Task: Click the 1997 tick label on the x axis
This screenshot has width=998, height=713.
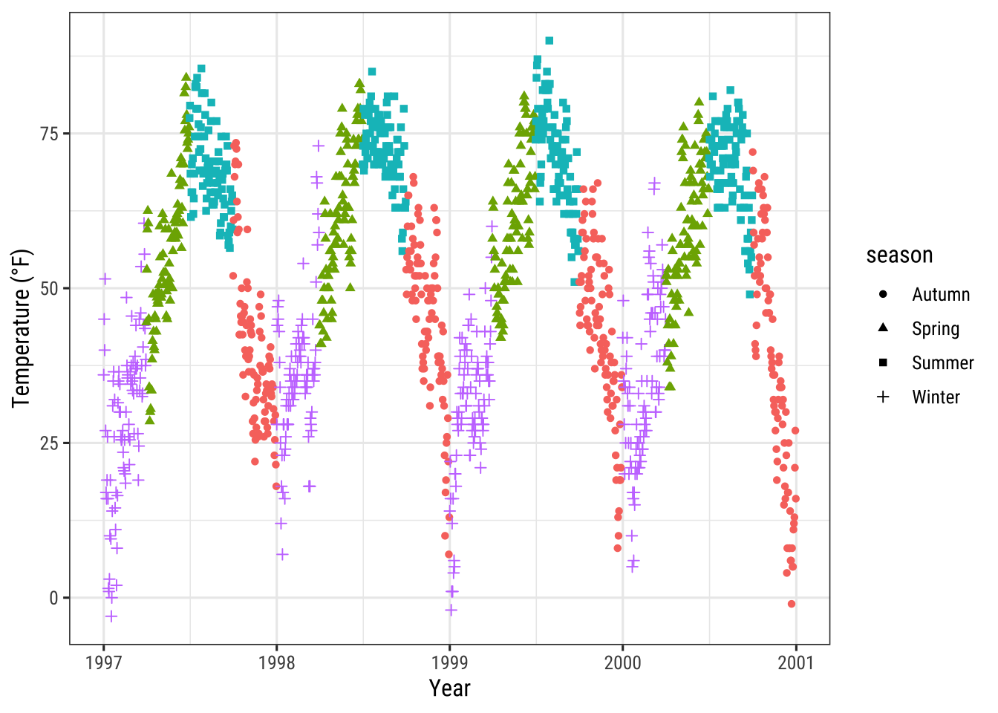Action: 103,662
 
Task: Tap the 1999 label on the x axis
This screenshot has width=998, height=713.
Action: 449,662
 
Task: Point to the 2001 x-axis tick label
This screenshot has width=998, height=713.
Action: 795,662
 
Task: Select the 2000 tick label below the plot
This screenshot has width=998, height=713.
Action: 622,662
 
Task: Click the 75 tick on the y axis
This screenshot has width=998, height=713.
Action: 49,134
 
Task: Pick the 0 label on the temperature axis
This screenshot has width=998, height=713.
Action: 53,598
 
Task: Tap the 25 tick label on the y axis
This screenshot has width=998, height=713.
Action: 49,443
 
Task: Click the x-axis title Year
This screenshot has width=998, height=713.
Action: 449,688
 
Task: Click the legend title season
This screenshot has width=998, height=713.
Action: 899,255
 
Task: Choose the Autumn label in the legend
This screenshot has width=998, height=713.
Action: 941,295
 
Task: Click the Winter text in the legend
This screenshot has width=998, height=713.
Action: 936,397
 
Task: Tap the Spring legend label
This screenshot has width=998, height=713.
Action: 936,329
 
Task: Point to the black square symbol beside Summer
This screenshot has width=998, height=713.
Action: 883,362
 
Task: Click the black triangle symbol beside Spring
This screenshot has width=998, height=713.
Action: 883,328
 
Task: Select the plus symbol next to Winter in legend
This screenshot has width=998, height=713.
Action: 883,397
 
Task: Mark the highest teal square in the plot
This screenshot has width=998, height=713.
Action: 549,41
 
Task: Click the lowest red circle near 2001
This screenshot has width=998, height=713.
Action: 792,604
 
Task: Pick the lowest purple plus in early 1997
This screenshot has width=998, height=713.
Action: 111,616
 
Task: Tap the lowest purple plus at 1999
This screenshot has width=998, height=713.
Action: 451,610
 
